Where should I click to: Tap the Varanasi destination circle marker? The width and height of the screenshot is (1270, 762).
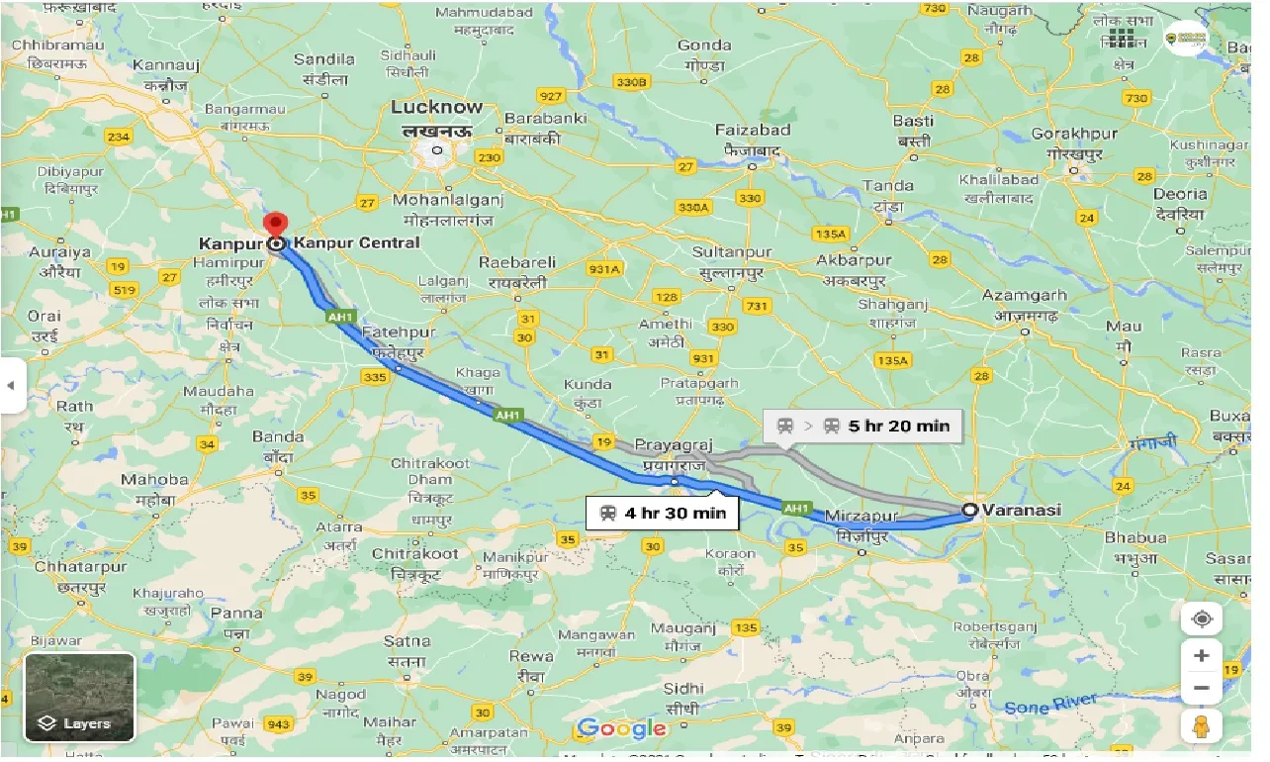[970, 510]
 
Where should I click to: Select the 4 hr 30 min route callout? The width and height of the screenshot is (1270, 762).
[662, 513]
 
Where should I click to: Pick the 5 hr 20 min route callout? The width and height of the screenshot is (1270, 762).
[862, 426]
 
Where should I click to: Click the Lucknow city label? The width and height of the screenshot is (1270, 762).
[436, 107]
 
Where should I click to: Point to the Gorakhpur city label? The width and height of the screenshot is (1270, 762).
[1073, 133]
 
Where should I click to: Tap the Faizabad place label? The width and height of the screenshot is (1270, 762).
[753, 130]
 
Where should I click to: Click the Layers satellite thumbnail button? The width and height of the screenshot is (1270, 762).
[79, 698]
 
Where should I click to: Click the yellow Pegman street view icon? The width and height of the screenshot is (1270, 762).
[1202, 725]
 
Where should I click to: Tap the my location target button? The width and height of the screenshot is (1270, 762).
[1202, 619]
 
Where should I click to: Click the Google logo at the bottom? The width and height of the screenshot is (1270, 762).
[621, 729]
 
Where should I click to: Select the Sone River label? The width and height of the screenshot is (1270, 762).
[1050, 705]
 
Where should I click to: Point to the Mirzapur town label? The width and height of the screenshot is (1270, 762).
[861, 516]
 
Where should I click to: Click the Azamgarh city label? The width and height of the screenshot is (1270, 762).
[1024, 295]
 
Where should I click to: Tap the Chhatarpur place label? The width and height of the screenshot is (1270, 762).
[80, 567]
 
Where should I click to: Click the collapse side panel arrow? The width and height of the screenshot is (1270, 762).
[11, 385]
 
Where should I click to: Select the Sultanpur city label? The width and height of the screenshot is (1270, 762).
[732, 251]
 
